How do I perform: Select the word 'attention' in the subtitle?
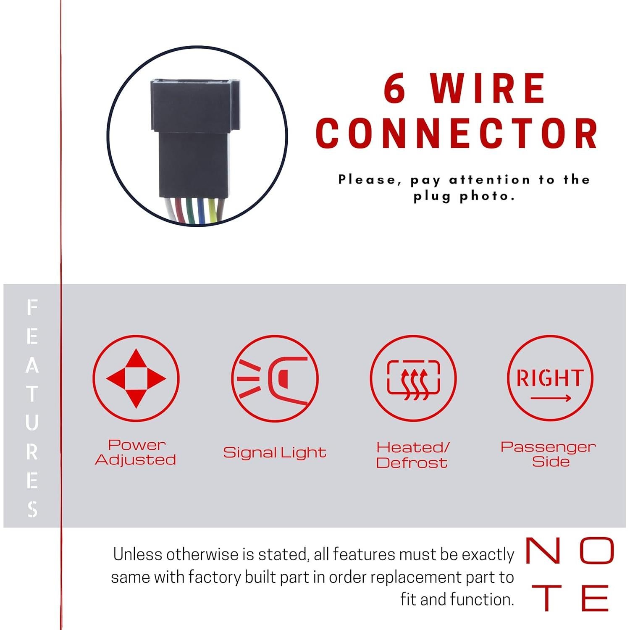click(x=490, y=180)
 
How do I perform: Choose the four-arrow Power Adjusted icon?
click(x=136, y=378)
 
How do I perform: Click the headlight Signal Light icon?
click(x=275, y=378)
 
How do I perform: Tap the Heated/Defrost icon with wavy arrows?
click(x=414, y=378)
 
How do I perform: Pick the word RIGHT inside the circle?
click(x=550, y=378)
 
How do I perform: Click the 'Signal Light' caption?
click(x=275, y=452)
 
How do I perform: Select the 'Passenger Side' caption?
click(x=549, y=454)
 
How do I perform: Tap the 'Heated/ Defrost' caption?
click(x=413, y=455)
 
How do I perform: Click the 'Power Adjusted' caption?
click(x=136, y=452)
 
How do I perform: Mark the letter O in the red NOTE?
click(x=597, y=551)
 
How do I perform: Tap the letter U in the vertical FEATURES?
click(x=32, y=422)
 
